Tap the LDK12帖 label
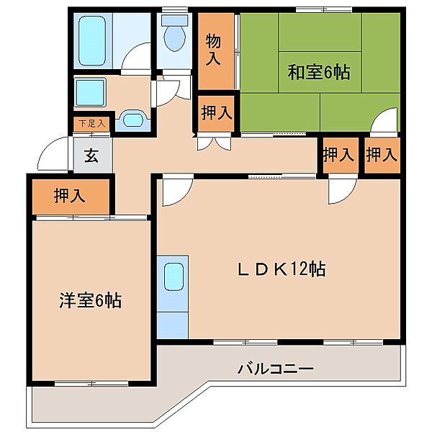[x=282, y=269]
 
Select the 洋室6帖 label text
[x=90, y=300]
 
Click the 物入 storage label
[x=214, y=48]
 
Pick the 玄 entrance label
[x=92, y=155]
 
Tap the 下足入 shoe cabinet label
[x=91, y=124]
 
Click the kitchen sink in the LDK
[x=173, y=276]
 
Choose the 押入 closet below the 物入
[x=216, y=112]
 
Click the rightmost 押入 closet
[x=381, y=154]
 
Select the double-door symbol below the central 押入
[x=215, y=141]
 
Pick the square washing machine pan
[x=91, y=92]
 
